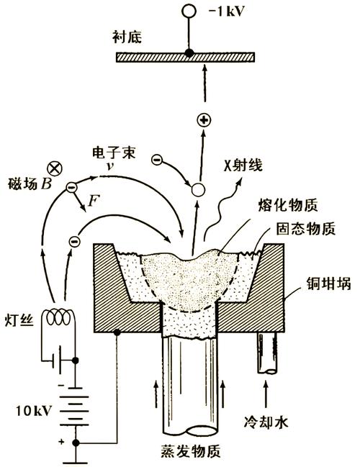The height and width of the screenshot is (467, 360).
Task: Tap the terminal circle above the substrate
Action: (x=190, y=12)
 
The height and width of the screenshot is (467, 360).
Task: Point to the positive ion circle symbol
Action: (x=204, y=119)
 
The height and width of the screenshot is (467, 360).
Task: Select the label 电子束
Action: (x=110, y=153)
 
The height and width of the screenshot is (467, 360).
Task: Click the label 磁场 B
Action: (x=26, y=185)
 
